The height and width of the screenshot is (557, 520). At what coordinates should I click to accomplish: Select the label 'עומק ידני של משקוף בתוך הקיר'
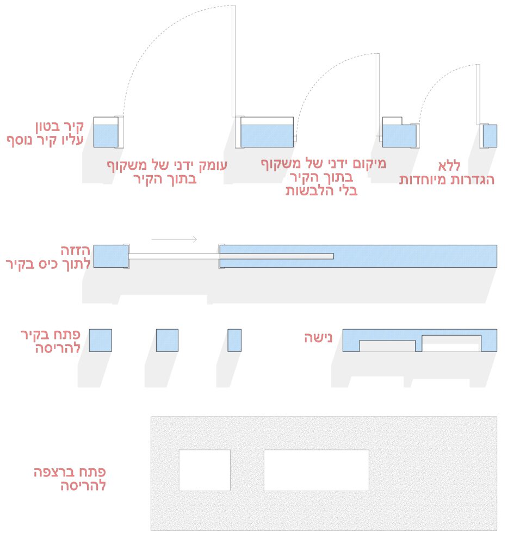166,171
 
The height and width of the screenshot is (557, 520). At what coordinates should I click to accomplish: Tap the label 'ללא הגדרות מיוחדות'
447,173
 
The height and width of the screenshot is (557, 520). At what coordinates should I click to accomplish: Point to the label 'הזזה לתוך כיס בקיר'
48,258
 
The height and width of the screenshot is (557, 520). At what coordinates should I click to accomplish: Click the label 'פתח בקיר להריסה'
51,341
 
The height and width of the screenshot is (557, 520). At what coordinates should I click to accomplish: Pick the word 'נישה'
318,338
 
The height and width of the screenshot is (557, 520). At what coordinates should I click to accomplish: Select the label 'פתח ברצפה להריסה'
70,479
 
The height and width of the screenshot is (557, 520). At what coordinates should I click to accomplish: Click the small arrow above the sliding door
174,239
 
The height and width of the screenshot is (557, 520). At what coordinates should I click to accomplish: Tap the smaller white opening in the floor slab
205,470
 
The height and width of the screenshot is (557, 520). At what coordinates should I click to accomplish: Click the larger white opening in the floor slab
316,470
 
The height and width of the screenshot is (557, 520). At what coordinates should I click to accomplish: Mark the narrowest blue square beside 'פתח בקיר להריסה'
234,340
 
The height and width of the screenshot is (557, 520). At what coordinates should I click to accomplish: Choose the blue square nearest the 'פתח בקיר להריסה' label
101,340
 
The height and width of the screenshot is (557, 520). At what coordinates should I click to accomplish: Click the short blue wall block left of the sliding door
110,256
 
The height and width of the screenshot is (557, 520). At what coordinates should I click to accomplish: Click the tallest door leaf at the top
233,61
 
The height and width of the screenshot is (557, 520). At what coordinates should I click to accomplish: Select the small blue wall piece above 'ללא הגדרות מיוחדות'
490,136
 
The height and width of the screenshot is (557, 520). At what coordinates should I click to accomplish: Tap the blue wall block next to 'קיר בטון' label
106,136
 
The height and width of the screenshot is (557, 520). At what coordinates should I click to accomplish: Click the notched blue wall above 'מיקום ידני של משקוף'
399,136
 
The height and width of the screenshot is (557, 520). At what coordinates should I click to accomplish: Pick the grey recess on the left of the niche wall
387,345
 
